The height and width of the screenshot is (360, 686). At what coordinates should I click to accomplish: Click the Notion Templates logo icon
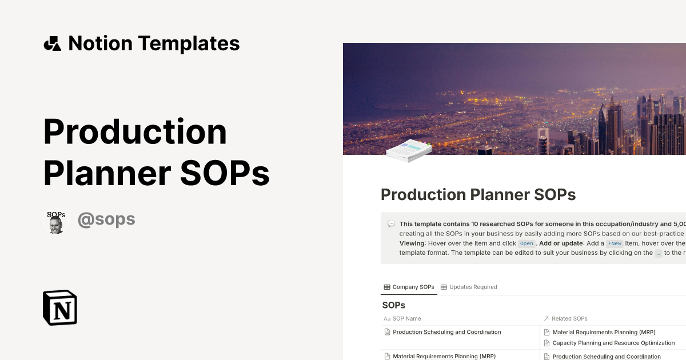tap(52, 43)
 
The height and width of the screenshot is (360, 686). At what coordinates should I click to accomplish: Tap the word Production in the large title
tap(135, 131)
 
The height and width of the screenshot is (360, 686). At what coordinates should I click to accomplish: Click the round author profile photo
tap(56, 221)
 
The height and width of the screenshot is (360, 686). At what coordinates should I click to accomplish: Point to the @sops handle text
tap(106, 219)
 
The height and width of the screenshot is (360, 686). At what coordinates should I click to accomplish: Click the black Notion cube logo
tap(60, 307)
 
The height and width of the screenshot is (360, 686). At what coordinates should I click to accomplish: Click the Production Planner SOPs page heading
tap(478, 194)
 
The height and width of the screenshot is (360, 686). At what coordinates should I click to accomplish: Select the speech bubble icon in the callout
tap(391, 224)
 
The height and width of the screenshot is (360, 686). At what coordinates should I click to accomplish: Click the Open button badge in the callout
tap(527, 243)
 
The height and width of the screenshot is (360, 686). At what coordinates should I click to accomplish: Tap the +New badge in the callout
tap(615, 243)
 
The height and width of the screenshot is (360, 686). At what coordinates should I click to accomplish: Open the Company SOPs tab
tap(409, 287)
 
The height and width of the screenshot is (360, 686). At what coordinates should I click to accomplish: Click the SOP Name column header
tap(406, 318)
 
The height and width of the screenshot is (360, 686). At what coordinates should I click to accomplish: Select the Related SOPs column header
tap(569, 318)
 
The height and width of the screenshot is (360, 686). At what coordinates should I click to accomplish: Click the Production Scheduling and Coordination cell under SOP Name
tap(447, 332)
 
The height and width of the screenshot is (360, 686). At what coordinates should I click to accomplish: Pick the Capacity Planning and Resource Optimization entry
tap(613, 343)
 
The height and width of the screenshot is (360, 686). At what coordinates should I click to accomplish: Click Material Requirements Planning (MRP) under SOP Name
tap(444, 356)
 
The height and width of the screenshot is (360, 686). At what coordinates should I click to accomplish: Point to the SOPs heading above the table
tap(393, 305)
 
